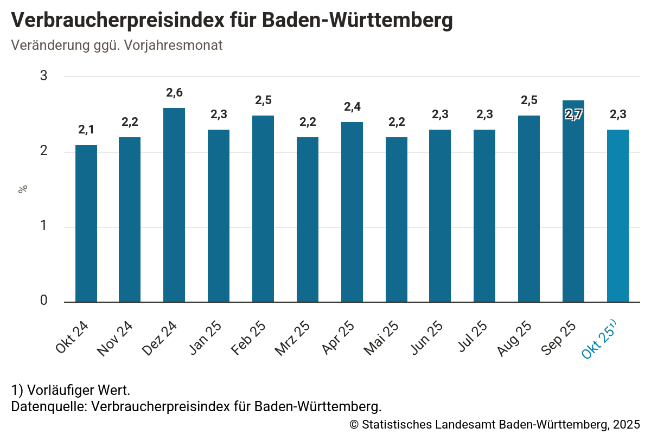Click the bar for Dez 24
coord(174,205)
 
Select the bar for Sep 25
coord(573,201)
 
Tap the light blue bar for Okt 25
coord(618,216)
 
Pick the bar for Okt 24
coord(86,224)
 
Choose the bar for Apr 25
coord(352,212)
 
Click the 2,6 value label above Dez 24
coord(174,93)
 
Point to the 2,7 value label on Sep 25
coord(573,115)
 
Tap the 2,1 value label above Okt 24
coord(86,130)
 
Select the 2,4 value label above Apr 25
coord(352,107)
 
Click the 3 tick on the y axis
coord(44,76)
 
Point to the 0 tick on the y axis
coord(44,302)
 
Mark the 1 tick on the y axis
coord(44,227)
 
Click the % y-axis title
coord(23,189)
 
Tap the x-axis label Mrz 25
coord(292,339)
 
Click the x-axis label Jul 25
coord(471,337)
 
